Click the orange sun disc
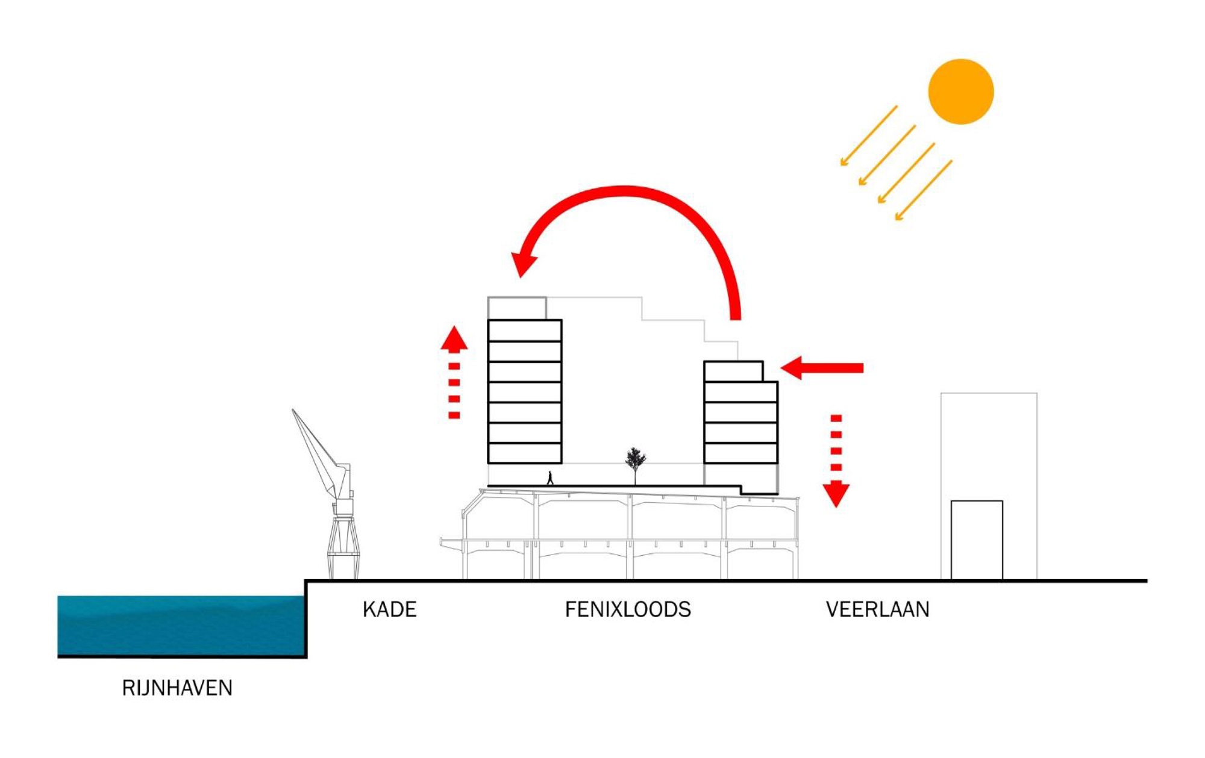click(960, 92)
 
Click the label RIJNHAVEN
click(177, 688)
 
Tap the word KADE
click(389, 609)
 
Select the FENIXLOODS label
click(628, 609)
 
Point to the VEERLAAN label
click(877, 609)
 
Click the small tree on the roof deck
click(635, 461)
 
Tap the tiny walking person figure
click(550, 478)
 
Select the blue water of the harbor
click(181, 625)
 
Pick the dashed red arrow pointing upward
click(454, 373)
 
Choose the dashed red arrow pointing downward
click(836, 461)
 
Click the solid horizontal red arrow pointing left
click(822, 367)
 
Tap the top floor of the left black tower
click(524, 331)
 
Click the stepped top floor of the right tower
click(733, 371)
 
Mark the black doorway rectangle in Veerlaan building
click(977, 539)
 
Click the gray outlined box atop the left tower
click(517, 308)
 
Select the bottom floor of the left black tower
click(524, 453)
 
